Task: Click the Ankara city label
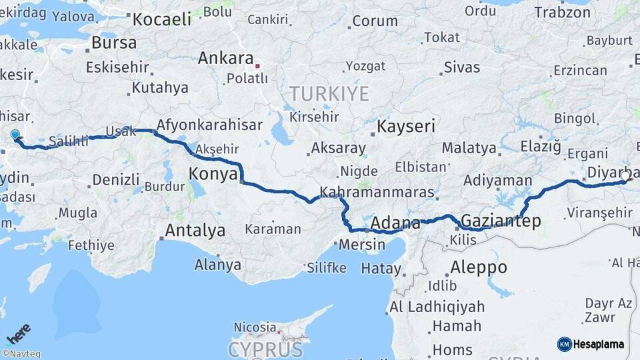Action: (x=225, y=58)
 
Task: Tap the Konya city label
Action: (x=213, y=174)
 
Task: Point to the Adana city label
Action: (x=395, y=223)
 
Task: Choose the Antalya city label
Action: (x=195, y=231)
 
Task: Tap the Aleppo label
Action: (x=478, y=267)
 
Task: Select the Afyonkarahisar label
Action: (x=209, y=125)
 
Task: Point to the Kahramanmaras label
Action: (x=377, y=193)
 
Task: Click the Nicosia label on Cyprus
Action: (x=255, y=327)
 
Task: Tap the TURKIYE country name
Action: (x=329, y=93)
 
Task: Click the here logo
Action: (x=18, y=334)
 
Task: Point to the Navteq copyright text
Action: (x=21, y=354)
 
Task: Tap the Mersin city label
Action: (x=362, y=245)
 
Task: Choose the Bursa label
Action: (x=113, y=43)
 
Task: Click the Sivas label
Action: (x=461, y=67)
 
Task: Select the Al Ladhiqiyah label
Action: (x=437, y=307)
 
